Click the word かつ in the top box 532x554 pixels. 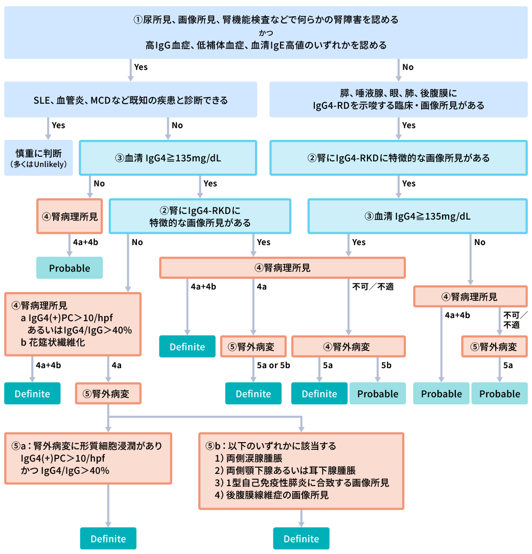pyautogui.click(x=266, y=33)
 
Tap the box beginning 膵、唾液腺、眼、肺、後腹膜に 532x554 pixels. pyautogui.click(x=398, y=100)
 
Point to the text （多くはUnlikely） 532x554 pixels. pyautogui.click(x=38, y=164)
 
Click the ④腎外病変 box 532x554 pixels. pyautogui.click(x=348, y=347)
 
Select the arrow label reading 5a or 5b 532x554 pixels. pyautogui.click(x=273, y=365)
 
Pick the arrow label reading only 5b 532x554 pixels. pyautogui.click(x=386, y=365)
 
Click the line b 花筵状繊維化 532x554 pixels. pyautogui.click(x=53, y=343)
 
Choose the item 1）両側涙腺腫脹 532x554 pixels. pyautogui.click(x=248, y=459)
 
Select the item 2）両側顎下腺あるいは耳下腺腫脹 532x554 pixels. pyautogui.click(x=285, y=471)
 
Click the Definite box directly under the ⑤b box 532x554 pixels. pyautogui.click(x=301, y=539)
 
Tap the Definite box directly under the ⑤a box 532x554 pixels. pyautogui.click(x=108, y=539)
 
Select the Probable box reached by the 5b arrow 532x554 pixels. pyautogui.click(x=377, y=394)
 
